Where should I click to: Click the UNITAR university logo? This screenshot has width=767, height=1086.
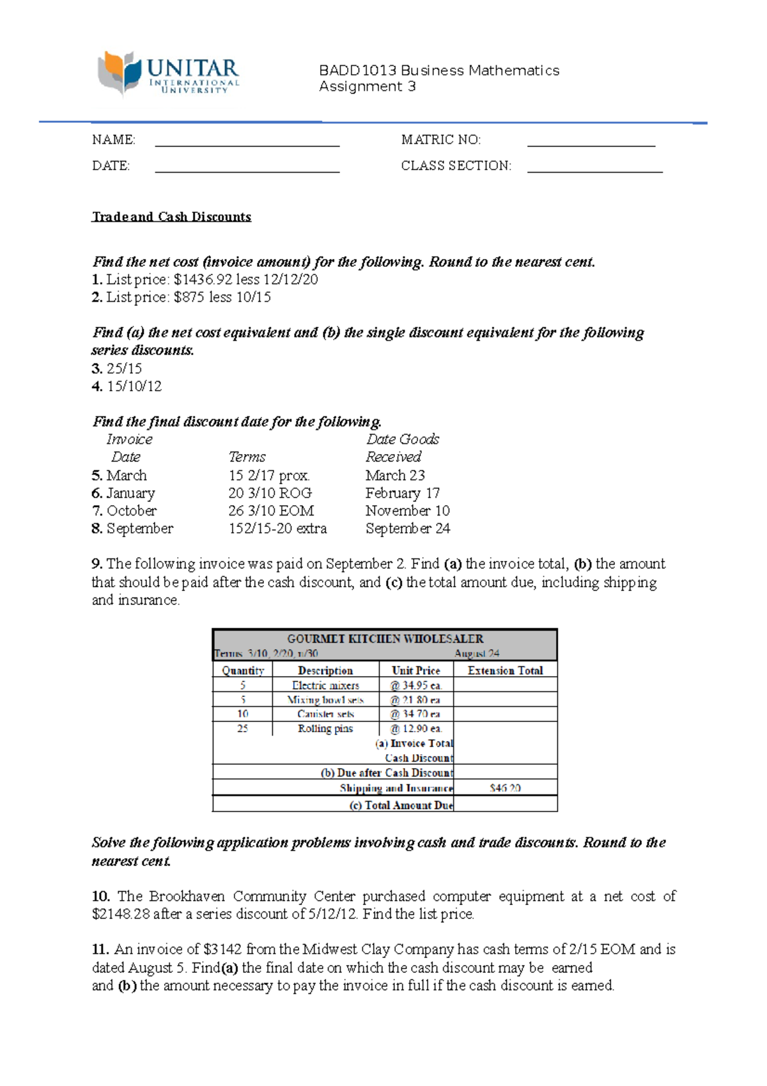(x=168, y=74)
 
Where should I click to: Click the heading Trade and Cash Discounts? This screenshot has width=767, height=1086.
(x=171, y=217)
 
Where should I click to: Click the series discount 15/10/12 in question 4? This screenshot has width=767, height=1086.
(x=134, y=386)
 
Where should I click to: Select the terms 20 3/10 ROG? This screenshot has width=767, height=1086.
(x=270, y=493)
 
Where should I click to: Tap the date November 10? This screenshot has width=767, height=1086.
(x=407, y=511)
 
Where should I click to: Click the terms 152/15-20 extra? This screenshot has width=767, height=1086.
(x=277, y=529)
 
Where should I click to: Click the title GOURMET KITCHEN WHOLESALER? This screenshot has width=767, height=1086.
(x=385, y=639)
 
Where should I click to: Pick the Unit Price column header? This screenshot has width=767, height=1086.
(x=415, y=670)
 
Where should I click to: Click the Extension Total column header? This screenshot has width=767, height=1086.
(x=505, y=670)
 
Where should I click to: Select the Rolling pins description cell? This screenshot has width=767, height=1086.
(x=325, y=728)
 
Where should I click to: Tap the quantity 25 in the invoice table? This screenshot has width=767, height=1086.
(x=242, y=728)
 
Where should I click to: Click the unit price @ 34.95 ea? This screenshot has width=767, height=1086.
(x=415, y=685)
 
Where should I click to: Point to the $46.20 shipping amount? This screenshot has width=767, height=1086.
(x=505, y=788)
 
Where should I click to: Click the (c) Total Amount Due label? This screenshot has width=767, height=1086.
(x=401, y=805)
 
